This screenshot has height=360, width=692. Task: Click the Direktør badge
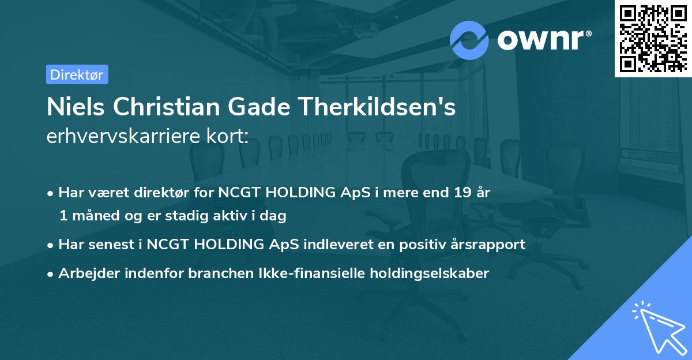coord(77,74)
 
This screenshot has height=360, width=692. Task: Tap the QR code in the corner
coord(653,38)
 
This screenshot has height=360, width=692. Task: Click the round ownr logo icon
coord(469,40)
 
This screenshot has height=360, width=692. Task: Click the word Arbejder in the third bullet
coord(85,273)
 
